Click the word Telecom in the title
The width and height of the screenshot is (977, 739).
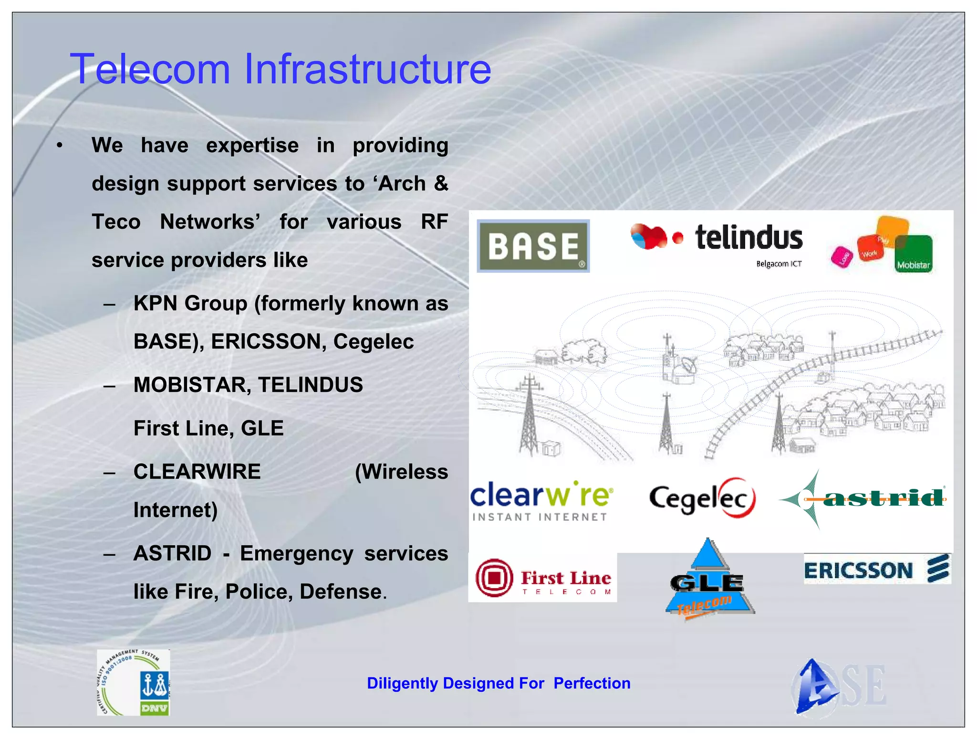pyautogui.click(x=150, y=69)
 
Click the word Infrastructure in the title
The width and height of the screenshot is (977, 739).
pyautogui.click(x=367, y=69)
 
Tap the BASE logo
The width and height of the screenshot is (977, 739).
pyautogui.click(x=533, y=246)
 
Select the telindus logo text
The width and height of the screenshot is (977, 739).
pyautogui.click(x=748, y=238)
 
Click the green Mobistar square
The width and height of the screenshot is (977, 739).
pyautogui.click(x=913, y=254)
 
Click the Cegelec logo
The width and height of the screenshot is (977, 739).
pyautogui.click(x=702, y=498)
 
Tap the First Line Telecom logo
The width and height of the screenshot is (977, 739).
pyautogui.click(x=542, y=578)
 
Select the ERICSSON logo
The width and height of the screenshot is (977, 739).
pyautogui.click(x=876, y=569)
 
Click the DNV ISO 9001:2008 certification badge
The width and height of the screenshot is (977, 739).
pyautogui.click(x=133, y=682)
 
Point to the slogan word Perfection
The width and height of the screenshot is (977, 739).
pyautogui.click(x=592, y=683)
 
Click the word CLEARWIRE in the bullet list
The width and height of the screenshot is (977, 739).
pyautogui.click(x=197, y=472)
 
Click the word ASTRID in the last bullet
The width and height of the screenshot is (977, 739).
pyautogui.click(x=172, y=554)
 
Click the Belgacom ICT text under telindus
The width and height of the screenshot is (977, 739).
pyautogui.click(x=779, y=264)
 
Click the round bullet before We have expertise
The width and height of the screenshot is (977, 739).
pyautogui.click(x=59, y=146)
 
